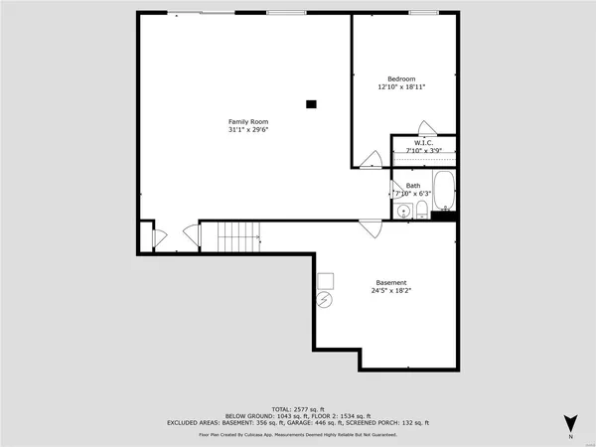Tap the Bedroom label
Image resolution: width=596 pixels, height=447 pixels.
click(401, 78)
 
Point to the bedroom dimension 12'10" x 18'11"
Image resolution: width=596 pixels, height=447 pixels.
click(401, 86)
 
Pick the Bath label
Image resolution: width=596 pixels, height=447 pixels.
click(412, 185)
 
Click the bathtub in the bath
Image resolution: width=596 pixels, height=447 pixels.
click(442, 190)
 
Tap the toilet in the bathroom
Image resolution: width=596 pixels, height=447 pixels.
click(422, 210)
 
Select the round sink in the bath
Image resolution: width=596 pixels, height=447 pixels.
click(403, 211)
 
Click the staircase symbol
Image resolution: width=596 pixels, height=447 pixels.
click(238, 237)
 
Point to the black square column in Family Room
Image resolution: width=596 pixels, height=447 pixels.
click(312, 102)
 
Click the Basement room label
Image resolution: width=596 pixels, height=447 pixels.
click(390, 282)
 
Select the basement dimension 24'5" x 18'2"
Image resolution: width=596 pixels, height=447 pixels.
click(390, 290)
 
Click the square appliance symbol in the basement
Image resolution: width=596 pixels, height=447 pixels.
click(325, 280)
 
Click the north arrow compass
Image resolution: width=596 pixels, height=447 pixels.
click(570, 424)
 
